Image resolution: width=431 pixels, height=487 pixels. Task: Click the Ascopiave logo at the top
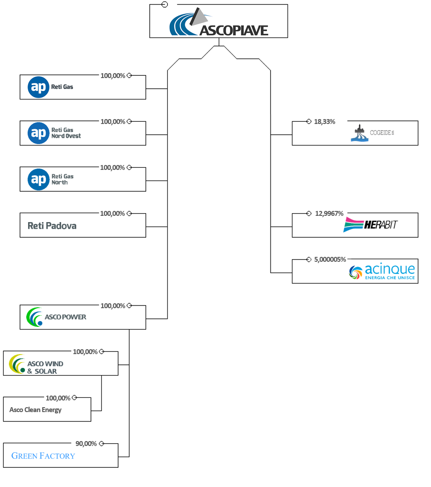[219, 22]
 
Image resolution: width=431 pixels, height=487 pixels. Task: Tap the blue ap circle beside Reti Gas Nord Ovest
[38, 133]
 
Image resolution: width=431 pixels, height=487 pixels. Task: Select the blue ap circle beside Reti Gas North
[38, 180]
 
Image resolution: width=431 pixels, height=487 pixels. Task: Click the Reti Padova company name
[52, 226]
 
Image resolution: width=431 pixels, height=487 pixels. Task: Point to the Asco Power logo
[56, 317]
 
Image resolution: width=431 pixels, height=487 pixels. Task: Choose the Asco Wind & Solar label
[45, 367]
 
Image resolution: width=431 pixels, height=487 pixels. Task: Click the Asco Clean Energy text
[35, 410]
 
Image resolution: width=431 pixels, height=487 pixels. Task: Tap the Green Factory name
[43, 456]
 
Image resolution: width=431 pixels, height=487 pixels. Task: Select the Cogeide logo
[372, 133]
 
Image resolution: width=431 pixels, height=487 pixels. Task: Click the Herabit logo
[370, 225]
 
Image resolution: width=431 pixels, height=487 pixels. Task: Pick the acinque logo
[382, 272]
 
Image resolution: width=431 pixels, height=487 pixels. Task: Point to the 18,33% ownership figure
[324, 122]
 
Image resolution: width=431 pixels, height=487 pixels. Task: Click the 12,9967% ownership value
[329, 214]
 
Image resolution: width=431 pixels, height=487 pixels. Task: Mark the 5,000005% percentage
[330, 260]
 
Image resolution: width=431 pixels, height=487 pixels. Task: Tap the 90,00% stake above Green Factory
[86, 444]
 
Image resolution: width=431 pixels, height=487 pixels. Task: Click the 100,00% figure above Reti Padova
[112, 214]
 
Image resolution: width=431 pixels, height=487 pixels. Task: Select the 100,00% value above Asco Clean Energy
[58, 398]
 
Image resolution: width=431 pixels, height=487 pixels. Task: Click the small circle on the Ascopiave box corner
[165, 4]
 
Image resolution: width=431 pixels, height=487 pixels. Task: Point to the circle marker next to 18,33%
[309, 121]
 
